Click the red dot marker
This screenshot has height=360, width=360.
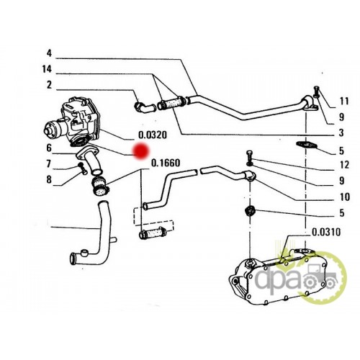[142, 151]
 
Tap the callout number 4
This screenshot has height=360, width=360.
[49, 53]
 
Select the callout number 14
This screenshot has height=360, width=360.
[47, 69]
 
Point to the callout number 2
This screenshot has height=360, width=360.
[49, 85]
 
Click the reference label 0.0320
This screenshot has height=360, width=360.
[153, 135]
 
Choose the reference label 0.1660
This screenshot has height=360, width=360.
[166, 163]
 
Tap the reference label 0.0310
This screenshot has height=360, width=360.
[326, 232]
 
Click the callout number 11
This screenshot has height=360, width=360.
[344, 101]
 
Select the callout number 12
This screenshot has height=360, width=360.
[344, 165]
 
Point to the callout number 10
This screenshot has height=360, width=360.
[345, 197]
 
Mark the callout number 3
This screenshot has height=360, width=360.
[341, 132]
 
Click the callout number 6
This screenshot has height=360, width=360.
[49, 148]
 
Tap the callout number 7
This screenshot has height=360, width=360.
[49, 164]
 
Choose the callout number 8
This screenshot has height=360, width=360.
[49, 179]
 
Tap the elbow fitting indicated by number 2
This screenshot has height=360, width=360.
[145, 107]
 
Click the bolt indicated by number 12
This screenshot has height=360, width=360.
[250, 157]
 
